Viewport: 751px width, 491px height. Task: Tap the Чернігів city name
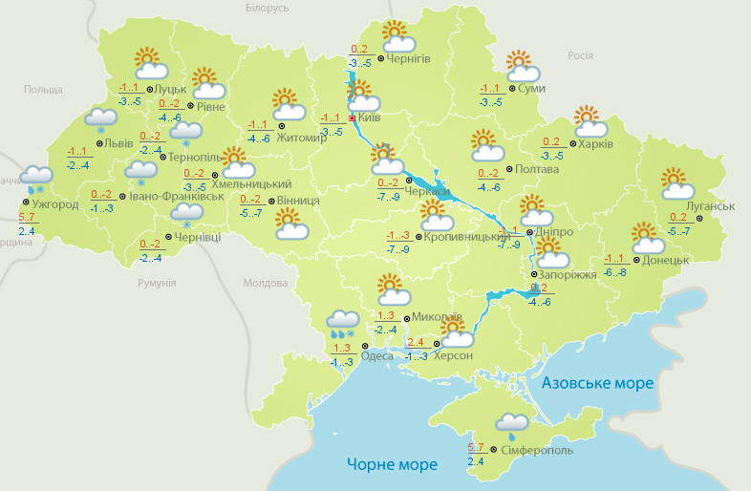(x=411, y=58)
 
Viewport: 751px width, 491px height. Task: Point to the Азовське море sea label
(x=598, y=383)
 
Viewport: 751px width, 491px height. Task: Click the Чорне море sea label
(x=392, y=464)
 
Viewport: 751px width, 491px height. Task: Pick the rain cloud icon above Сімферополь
(x=512, y=424)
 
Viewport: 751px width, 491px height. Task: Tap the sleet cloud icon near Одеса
(x=342, y=324)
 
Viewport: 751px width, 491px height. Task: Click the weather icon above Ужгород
(x=36, y=178)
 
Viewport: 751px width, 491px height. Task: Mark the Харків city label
(x=595, y=144)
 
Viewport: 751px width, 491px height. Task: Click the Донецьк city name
(x=666, y=259)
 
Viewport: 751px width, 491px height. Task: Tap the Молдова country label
(x=265, y=284)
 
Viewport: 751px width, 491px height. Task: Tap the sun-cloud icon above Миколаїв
(x=392, y=287)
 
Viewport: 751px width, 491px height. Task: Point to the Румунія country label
(x=156, y=283)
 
